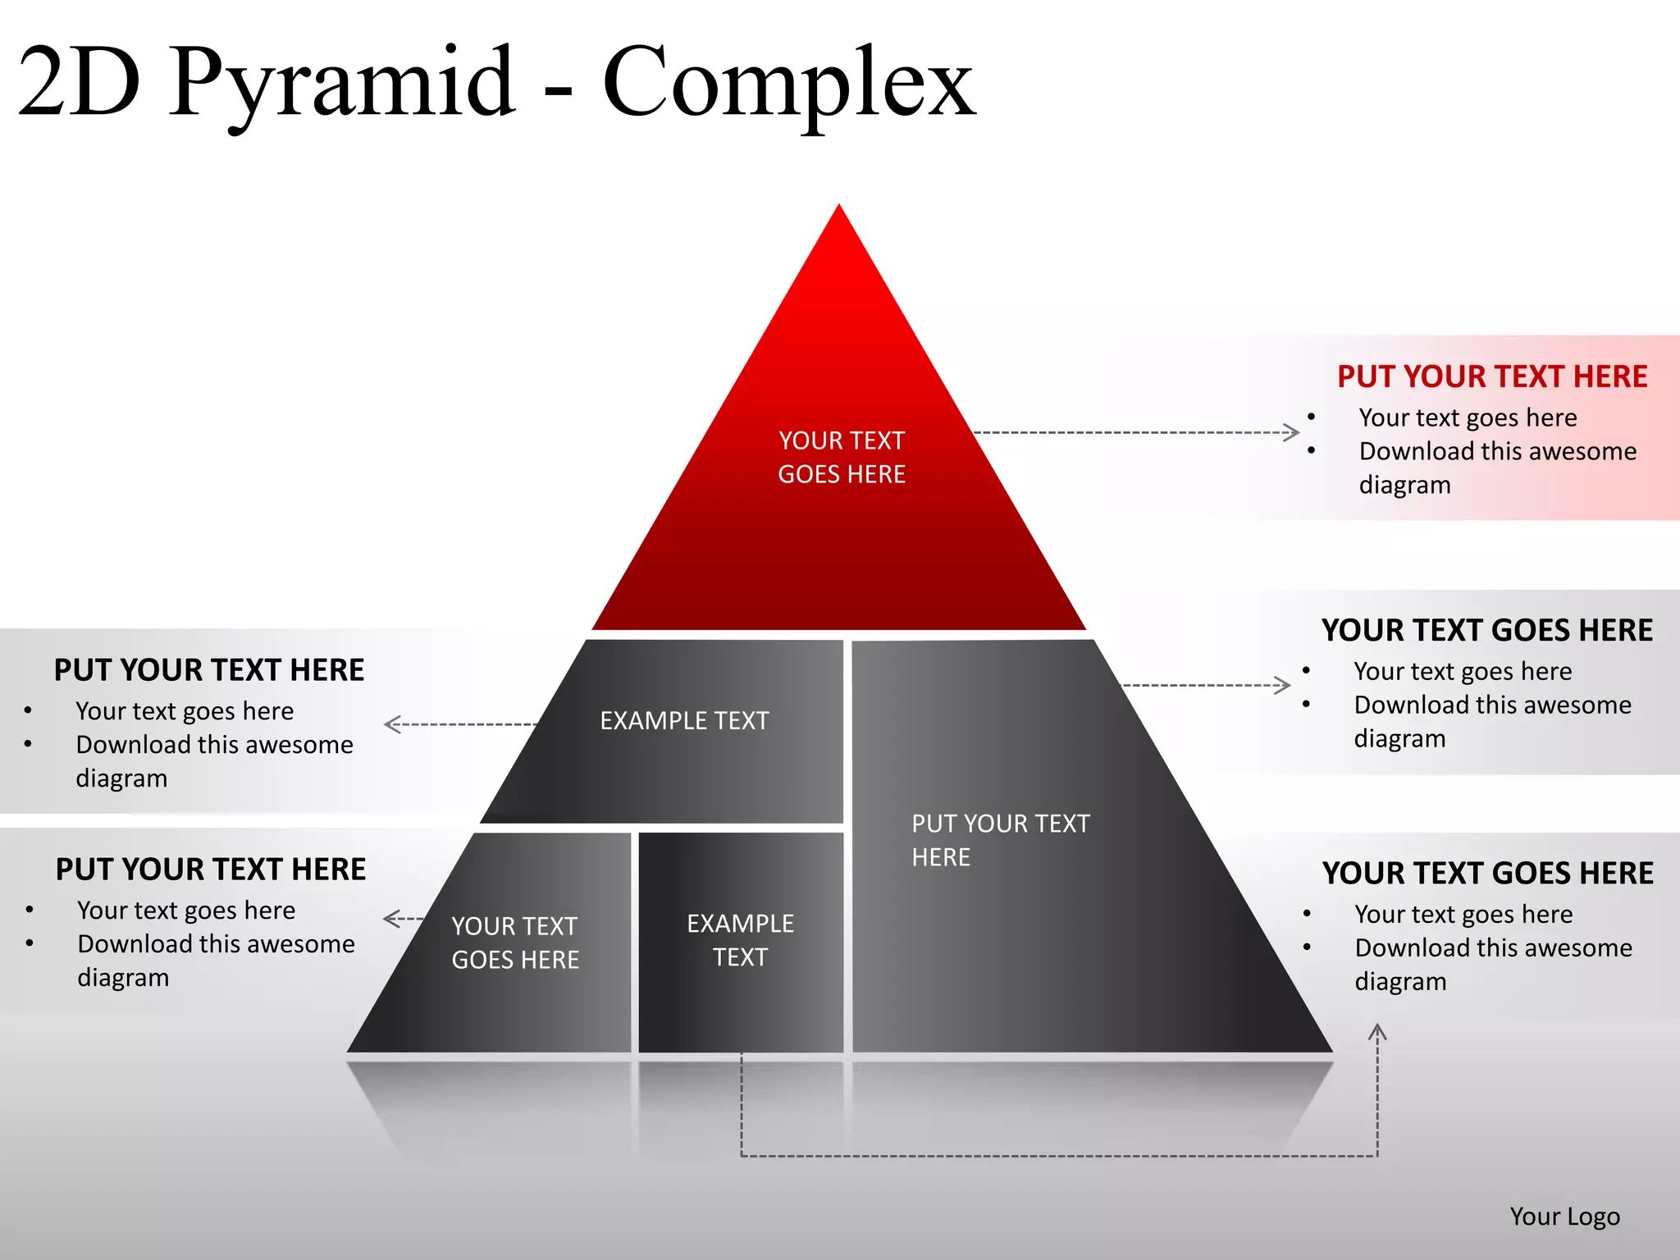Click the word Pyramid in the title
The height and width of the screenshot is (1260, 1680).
click(343, 82)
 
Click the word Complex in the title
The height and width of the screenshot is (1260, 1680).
click(789, 82)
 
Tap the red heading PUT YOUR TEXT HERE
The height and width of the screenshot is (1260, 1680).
click(1492, 377)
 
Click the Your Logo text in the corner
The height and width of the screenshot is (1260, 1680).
click(1564, 1216)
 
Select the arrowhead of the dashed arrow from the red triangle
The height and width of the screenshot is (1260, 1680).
click(1293, 432)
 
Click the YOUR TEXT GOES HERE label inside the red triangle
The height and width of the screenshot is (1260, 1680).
click(842, 457)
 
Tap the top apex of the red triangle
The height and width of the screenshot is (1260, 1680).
click(839, 208)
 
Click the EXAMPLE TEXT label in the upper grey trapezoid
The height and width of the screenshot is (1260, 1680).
click(684, 720)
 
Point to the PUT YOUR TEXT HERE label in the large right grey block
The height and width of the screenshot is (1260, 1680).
click(1000, 840)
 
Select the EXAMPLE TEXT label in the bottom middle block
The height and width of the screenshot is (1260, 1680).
click(740, 940)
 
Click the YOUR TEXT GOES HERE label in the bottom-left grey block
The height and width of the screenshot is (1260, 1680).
click(515, 943)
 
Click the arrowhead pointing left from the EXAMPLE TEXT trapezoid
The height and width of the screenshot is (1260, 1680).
click(390, 724)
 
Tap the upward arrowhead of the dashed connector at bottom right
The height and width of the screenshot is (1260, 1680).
click(1377, 1030)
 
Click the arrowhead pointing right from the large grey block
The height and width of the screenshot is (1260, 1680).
click(1285, 685)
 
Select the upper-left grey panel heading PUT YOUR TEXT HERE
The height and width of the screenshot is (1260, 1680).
click(208, 670)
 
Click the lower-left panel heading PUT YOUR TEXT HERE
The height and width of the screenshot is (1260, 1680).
click(210, 870)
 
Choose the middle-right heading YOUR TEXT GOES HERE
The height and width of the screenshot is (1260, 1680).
click(1486, 630)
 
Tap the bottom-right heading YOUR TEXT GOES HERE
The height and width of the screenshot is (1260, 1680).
click(1487, 873)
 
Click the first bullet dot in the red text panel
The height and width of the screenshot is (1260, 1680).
click(1311, 417)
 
